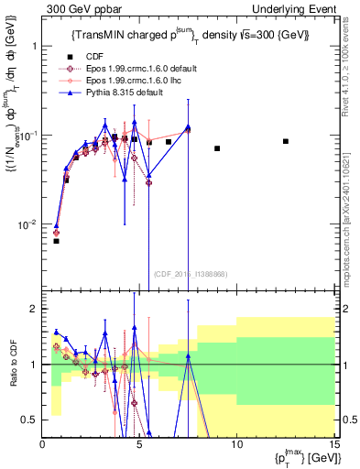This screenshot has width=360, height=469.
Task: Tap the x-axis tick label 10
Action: [x=236, y=444]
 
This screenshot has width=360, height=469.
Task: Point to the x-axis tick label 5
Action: [x=139, y=444]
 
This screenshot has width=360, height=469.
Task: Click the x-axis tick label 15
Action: [x=333, y=444]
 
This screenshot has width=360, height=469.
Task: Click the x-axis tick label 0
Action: [x=43, y=444]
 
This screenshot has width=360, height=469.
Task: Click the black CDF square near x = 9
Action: [x=217, y=148]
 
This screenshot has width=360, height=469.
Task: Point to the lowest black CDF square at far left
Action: [x=56, y=241]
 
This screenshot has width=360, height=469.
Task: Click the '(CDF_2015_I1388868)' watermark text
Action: [x=189, y=275]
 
